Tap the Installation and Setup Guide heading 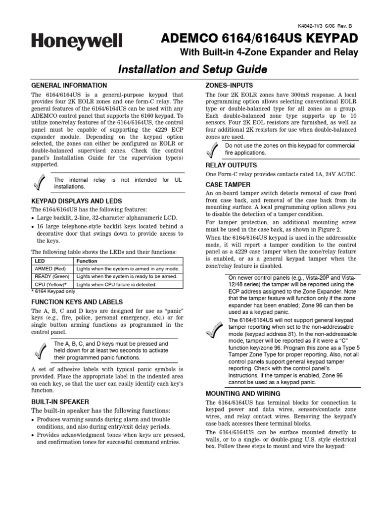[192, 69]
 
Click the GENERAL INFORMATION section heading [69, 85]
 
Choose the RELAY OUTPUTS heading [231, 165]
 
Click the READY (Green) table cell [51, 276]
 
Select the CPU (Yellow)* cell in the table [51, 285]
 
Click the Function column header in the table [87, 260]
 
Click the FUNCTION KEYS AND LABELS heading [77, 302]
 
